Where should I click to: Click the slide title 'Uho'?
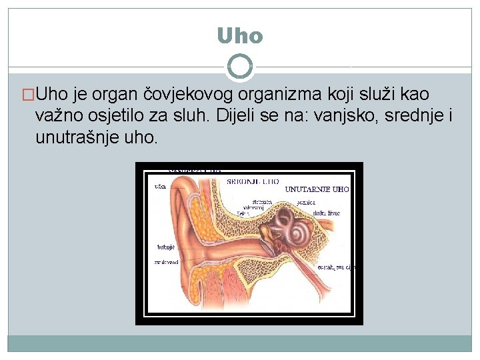240,35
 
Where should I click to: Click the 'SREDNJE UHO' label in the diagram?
253,181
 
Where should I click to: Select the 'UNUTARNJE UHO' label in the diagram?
317,189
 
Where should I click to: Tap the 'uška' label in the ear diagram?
160,187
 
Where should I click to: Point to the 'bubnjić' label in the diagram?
166,247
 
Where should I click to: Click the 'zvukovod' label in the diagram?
166,263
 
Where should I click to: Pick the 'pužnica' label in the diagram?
307,201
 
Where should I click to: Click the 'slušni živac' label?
327,213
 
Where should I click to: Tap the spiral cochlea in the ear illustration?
296,229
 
